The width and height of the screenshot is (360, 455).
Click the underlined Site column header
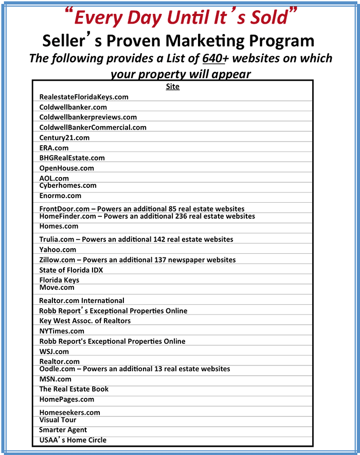[173, 86]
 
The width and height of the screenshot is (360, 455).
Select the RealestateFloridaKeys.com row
[84, 97]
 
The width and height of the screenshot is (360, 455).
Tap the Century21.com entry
[64, 137]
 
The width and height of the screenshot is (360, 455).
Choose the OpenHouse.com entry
[67, 168]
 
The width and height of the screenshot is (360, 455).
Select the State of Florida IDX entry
[71, 270]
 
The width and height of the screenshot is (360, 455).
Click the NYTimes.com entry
[62, 331]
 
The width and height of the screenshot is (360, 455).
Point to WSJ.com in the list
[54, 352]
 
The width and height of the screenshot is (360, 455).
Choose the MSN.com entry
[56, 379]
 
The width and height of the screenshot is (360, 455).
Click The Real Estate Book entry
[74, 389]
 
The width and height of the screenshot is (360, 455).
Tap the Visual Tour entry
[58, 419]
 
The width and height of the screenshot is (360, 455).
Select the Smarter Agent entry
[63, 430]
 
